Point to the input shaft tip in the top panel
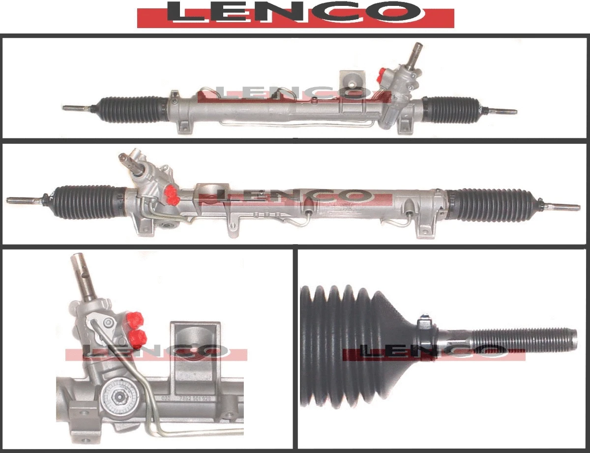pos(418,48)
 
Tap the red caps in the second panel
pos(172,195)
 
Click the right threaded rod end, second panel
pos(565,207)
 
